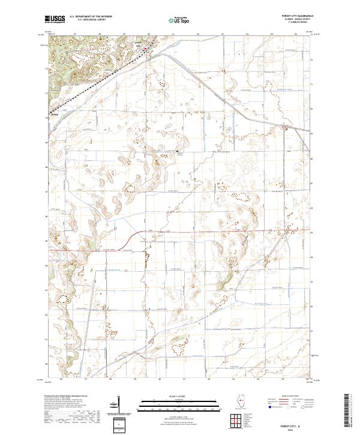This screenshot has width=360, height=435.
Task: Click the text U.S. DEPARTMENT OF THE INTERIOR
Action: [91, 17]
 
